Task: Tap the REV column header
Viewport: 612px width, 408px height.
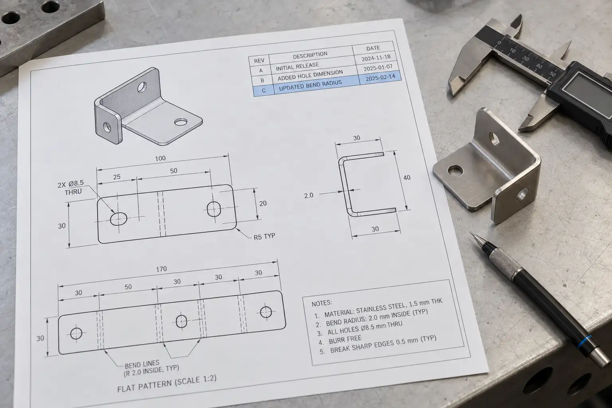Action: (259, 61)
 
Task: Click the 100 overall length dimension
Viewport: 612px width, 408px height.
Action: (161, 158)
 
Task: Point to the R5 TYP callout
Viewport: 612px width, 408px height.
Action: (264, 236)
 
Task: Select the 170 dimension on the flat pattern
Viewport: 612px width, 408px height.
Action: (161, 269)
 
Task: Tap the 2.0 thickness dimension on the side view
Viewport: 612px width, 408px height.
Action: (309, 195)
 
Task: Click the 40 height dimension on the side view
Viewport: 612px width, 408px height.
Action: (407, 178)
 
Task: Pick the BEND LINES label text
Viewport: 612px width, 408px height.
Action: (142, 364)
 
